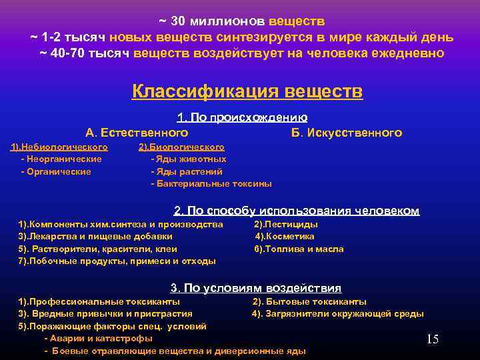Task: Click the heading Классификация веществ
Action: click(x=247, y=91)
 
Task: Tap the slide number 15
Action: click(x=432, y=340)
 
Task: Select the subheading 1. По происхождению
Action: click(x=242, y=118)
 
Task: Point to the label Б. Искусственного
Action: click(x=347, y=133)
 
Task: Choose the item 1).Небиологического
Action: click(x=59, y=147)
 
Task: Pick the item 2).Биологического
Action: click(x=181, y=147)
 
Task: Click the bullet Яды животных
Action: click(x=189, y=159)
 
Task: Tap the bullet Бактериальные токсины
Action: click(x=212, y=183)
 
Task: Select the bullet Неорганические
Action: click(x=62, y=159)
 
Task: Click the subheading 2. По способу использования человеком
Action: click(x=297, y=211)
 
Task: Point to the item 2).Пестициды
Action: click(x=286, y=225)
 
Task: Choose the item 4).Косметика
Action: click(x=285, y=237)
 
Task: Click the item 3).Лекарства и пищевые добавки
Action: click(x=95, y=237)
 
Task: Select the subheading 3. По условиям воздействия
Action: click(x=256, y=289)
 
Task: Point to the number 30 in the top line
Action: click(x=178, y=22)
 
